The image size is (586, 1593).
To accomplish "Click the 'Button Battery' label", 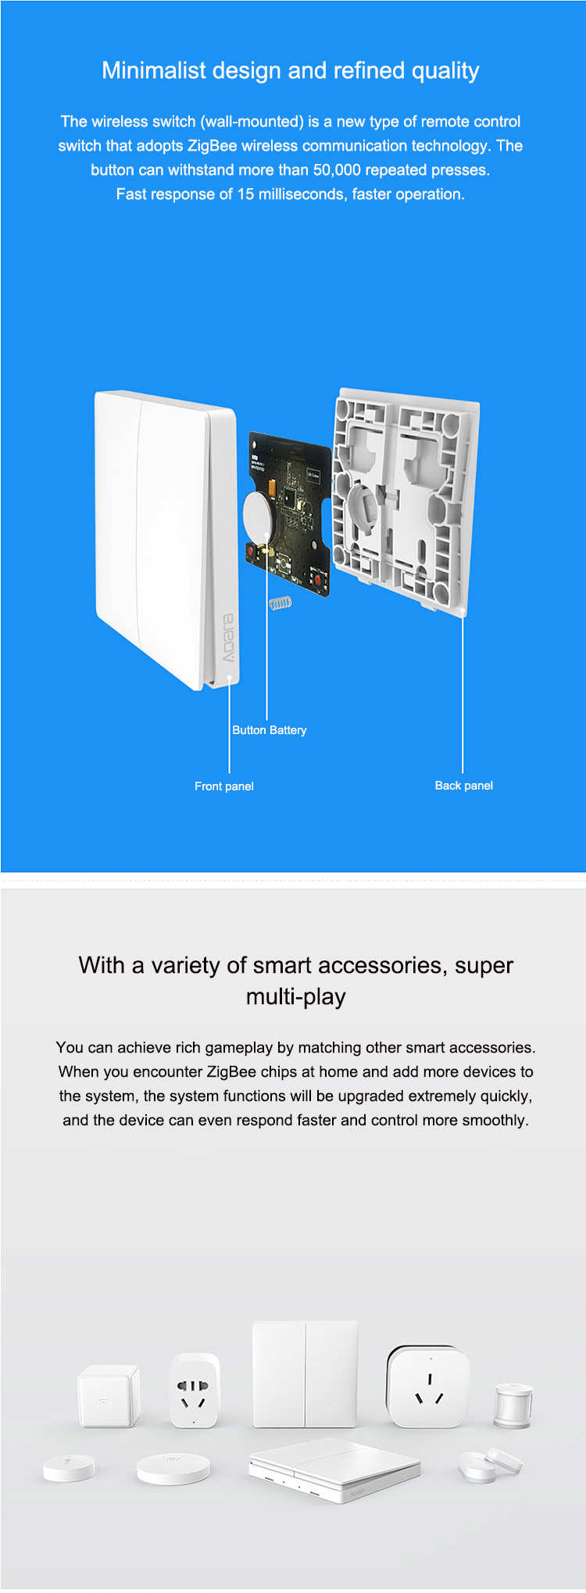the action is [270, 730].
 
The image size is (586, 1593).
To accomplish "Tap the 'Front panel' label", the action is [224, 786].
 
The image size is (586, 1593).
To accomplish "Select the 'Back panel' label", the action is [464, 786].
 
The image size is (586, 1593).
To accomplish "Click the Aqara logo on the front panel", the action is [227, 638].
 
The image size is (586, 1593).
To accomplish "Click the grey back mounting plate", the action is [405, 500].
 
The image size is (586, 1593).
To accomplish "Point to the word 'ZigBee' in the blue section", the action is [212, 146].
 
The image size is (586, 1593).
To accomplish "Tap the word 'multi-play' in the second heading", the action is [295, 997].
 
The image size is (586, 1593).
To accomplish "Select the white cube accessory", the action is [108, 1396].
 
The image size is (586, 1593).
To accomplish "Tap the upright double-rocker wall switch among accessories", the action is [306, 1374].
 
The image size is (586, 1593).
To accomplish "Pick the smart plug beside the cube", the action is [194, 1390].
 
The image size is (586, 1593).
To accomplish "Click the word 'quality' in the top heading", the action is [445, 71].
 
